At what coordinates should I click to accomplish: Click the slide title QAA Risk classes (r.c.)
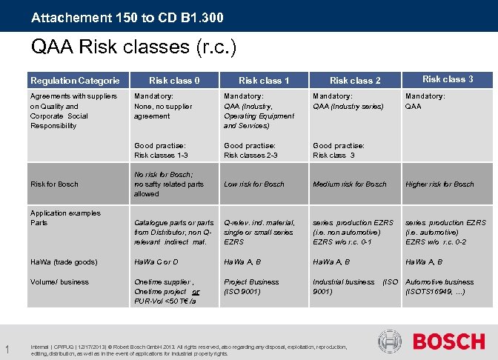133,48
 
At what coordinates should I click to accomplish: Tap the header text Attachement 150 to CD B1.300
127,16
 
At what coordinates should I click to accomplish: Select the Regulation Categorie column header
74,80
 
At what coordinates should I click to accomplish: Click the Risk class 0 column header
174,80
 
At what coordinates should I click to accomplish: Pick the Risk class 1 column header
264,80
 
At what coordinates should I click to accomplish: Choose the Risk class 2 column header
355,80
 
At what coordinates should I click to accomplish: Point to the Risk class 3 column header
448,79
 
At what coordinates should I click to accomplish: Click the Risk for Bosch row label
54,184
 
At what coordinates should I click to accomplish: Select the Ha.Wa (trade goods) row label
64,261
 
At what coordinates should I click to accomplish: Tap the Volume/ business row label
59,281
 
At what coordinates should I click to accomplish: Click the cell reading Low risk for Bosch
254,184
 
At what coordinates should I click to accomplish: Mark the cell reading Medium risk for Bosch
350,184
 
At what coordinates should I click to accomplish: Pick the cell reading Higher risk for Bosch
439,184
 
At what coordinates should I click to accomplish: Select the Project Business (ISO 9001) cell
251,287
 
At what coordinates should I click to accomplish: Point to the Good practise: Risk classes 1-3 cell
161,150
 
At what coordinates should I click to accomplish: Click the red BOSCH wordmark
448,341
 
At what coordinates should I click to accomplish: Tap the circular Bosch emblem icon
389,341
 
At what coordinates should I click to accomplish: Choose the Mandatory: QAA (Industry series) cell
348,101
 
